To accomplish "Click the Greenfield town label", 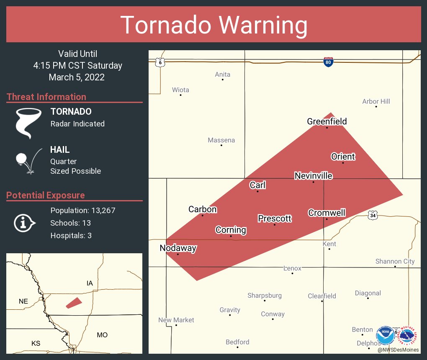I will point(327,121).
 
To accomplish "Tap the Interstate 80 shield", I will point(328,62).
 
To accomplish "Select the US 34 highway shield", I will point(373,215).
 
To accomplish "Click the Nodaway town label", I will point(178,248).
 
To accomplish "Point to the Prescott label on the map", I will point(275,219).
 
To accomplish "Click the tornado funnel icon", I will point(28,123).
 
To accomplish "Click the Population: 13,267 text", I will point(82,210).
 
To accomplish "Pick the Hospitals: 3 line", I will point(71,235).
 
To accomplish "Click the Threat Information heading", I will point(46,97).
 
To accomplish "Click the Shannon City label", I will point(395,261).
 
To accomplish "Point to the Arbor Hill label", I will point(376,101).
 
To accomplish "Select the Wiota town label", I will point(180,90).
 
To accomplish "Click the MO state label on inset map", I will point(102,335).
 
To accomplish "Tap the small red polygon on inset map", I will point(74,303).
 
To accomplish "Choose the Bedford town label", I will point(237,342).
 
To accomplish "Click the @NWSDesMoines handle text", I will point(398,350).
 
